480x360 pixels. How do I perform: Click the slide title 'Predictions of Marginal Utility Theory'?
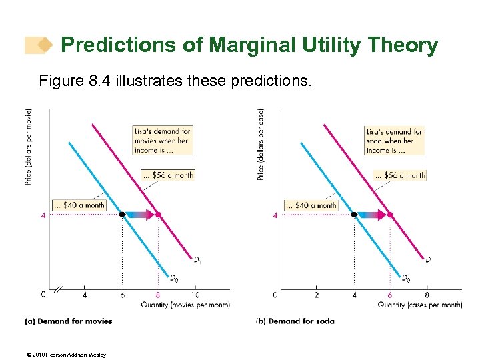(x=249, y=46)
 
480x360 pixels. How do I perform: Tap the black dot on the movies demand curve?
(x=122, y=215)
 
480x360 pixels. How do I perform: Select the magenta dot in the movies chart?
(x=158, y=215)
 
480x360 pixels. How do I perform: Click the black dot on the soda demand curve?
(x=354, y=215)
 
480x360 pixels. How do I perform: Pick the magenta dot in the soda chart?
(x=390, y=215)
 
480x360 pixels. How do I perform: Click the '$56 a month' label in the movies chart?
(x=168, y=175)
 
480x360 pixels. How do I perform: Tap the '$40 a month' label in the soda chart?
(x=311, y=205)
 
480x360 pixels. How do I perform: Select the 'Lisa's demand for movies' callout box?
(x=162, y=141)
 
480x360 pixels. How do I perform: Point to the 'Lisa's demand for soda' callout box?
(x=394, y=141)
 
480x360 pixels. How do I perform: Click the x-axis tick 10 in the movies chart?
(x=195, y=295)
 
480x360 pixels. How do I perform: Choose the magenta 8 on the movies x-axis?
(x=158, y=295)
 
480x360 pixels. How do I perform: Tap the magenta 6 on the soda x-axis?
(x=390, y=295)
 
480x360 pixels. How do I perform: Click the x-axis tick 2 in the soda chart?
(x=317, y=295)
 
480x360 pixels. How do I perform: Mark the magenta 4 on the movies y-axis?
(x=43, y=215)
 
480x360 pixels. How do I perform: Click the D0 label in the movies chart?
(x=173, y=278)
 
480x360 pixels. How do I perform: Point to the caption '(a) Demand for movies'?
(x=68, y=321)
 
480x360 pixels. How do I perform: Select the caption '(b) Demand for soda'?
(x=295, y=321)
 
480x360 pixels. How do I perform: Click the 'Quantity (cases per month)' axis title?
(x=420, y=305)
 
